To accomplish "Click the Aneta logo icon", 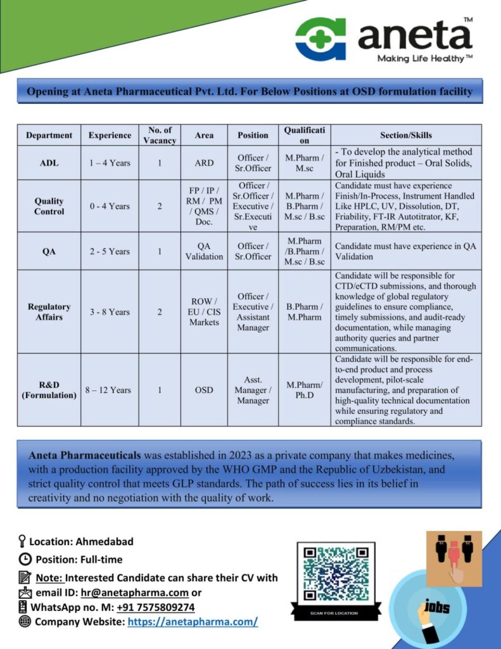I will click(x=321, y=39).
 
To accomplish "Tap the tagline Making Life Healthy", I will click(x=425, y=59).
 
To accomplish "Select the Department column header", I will click(x=49, y=135).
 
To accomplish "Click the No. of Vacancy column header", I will click(x=160, y=135).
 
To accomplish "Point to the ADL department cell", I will click(x=49, y=163).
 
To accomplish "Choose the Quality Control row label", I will click(x=49, y=206).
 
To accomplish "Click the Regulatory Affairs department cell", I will click(x=49, y=312).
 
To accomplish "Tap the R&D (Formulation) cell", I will click(x=49, y=390).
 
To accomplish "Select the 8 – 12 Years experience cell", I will click(x=109, y=390).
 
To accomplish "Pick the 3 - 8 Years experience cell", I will click(x=109, y=312).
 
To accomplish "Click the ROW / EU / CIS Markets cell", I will click(x=204, y=312).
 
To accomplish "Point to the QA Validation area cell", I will click(x=204, y=251).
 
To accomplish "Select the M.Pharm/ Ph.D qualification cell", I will click(x=304, y=390).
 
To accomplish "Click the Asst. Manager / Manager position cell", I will click(x=253, y=390).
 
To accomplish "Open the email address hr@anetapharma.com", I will click(x=134, y=593).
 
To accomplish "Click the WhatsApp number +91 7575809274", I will click(x=155, y=607).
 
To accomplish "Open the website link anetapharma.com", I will click(x=193, y=622).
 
